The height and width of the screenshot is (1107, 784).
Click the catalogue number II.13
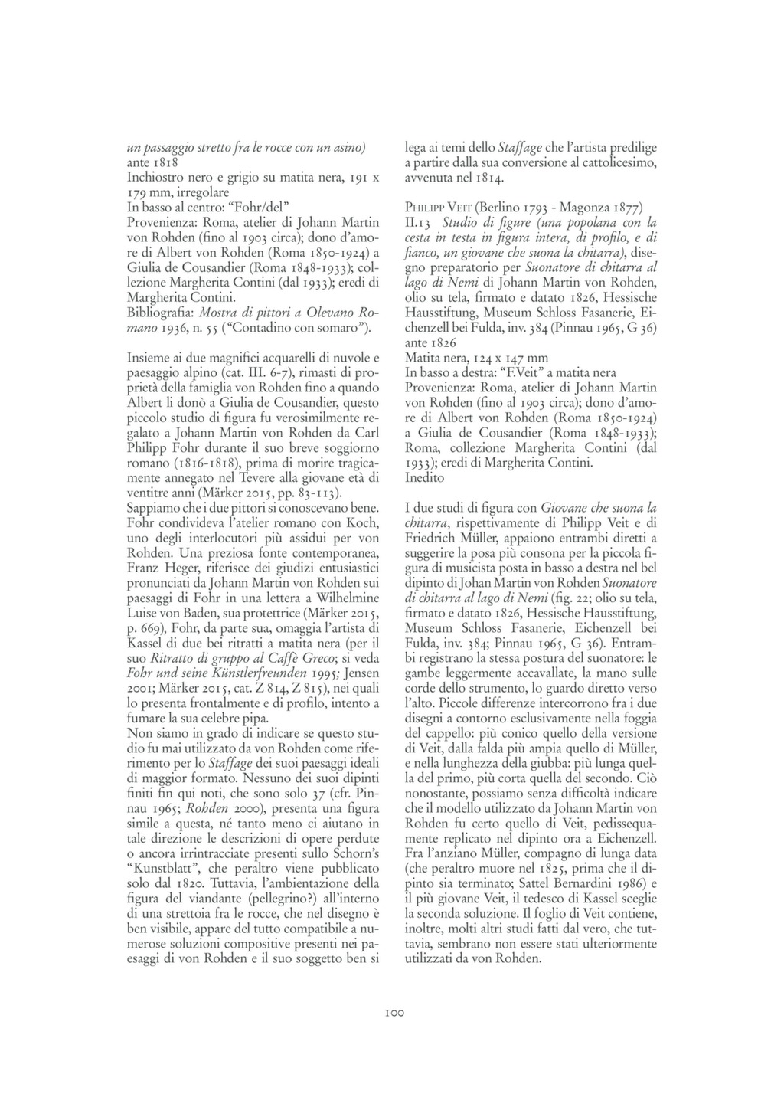point(418,223)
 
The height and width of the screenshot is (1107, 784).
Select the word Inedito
point(424,477)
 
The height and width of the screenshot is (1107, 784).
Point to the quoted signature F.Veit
point(523,372)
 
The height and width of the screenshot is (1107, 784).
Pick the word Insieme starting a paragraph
point(148,358)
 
